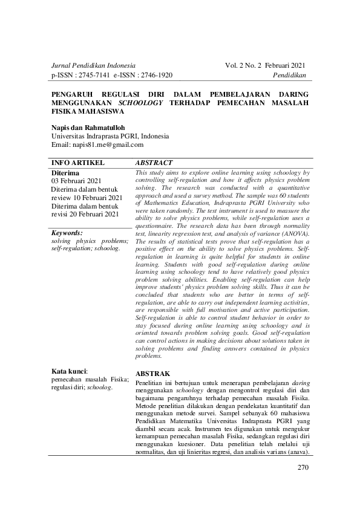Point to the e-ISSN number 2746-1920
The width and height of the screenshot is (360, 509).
point(154,75)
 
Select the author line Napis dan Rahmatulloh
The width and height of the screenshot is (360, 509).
point(88,128)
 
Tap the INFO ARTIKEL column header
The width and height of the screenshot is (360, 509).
point(79,163)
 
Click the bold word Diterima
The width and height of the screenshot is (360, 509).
point(65,173)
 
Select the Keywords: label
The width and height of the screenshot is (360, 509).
point(67,232)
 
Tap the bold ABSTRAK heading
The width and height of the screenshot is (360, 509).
point(153,374)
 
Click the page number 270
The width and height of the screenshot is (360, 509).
point(303,468)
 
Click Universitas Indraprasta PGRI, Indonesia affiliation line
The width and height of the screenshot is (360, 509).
point(110,137)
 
